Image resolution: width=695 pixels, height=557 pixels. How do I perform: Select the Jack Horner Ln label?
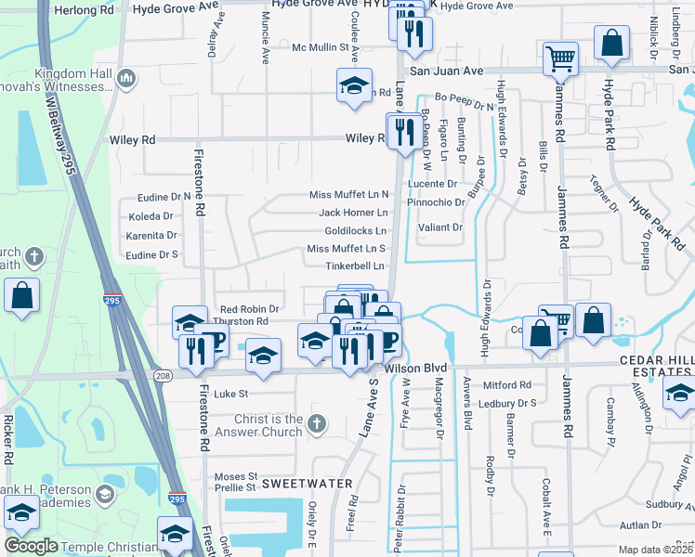[x=353, y=213]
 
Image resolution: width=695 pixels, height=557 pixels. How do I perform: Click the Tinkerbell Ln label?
[x=354, y=266]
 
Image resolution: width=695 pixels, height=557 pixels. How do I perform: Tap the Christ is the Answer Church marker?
[x=317, y=423]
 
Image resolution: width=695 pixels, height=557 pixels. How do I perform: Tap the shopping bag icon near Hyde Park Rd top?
[x=612, y=44]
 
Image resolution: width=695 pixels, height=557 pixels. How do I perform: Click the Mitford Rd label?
[x=507, y=384]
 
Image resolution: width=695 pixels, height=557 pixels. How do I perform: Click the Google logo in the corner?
[x=32, y=546]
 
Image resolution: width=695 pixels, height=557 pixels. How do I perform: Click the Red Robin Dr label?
[x=243, y=309]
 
